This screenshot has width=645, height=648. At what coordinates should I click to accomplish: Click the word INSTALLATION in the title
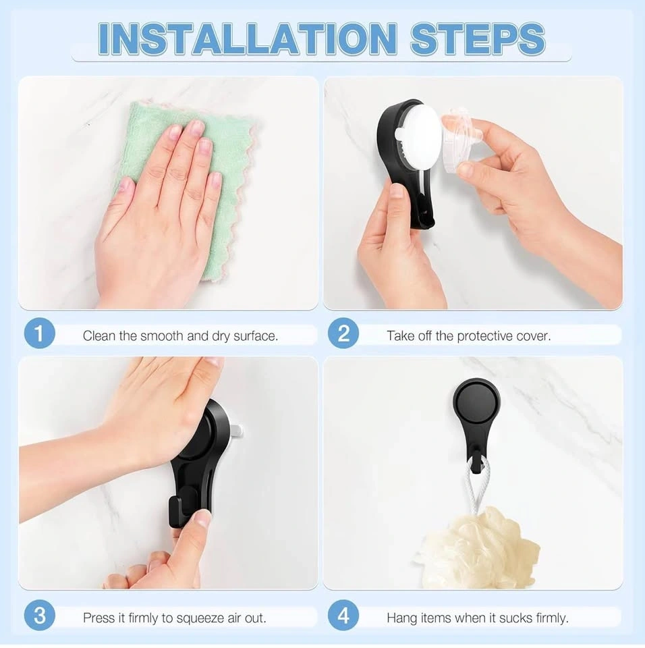(248, 38)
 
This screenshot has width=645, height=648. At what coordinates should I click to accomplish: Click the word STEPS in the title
(478, 38)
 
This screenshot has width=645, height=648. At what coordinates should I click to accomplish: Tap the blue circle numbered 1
(39, 333)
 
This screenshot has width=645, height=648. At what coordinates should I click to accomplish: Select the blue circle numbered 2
(343, 333)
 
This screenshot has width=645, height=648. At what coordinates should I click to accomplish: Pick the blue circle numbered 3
(39, 616)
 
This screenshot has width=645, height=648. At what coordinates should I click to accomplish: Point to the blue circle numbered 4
(343, 616)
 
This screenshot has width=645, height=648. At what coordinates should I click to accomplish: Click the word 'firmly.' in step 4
(552, 618)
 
